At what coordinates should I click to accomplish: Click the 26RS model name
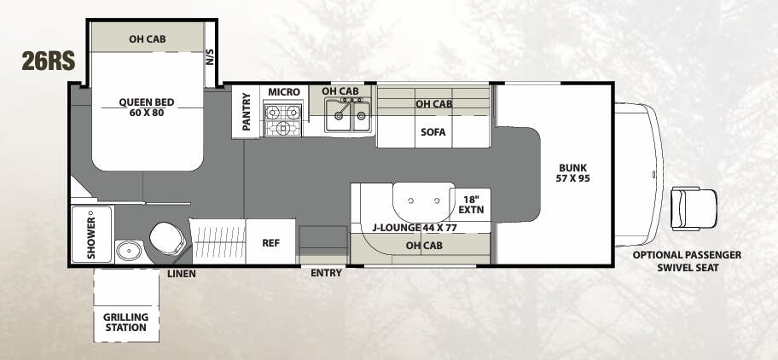click(x=49, y=61)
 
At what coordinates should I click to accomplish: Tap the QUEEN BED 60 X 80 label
click(x=147, y=107)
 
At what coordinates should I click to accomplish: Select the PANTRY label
click(x=247, y=112)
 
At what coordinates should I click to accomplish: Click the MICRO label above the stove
click(x=282, y=92)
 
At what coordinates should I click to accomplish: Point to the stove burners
click(x=282, y=119)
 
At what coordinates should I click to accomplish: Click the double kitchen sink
click(x=349, y=116)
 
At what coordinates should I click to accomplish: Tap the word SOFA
click(x=433, y=132)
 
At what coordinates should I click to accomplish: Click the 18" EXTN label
click(x=470, y=203)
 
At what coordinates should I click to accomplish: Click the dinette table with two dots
click(x=424, y=201)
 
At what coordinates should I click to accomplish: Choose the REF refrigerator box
click(x=270, y=242)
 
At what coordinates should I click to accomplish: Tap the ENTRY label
click(x=326, y=273)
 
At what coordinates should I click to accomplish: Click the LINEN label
click(x=183, y=273)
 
